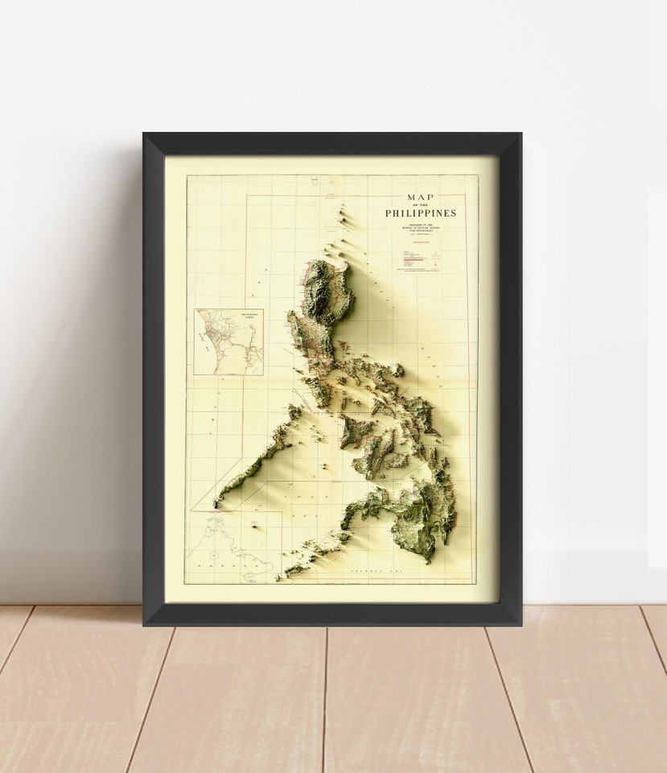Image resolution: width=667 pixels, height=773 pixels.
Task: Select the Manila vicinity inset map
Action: [218, 342]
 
